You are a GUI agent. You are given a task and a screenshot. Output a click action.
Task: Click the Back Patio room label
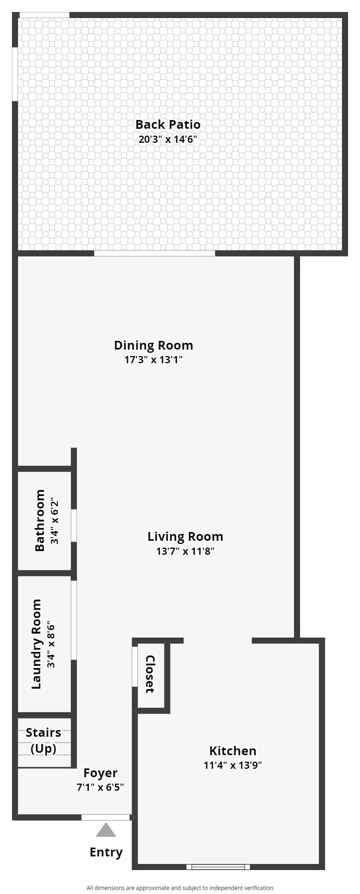pyautogui.click(x=168, y=124)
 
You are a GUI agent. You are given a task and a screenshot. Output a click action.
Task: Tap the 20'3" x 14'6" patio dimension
pyautogui.click(x=168, y=140)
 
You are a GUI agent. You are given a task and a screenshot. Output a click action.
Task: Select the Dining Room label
pyautogui.click(x=154, y=345)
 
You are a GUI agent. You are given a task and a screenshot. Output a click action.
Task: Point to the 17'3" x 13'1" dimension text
pyautogui.click(x=154, y=360)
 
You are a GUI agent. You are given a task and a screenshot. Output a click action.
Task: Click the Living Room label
pyautogui.click(x=185, y=536)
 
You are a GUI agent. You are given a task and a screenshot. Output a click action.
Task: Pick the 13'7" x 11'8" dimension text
pyautogui.click(x=185, y=551)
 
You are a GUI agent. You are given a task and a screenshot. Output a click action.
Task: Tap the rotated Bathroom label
pyautogui.click(x=40, y=520)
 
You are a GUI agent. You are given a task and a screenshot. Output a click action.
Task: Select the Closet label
pyautogui.click(x=150, y=674)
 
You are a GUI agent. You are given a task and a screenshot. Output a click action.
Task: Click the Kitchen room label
pyautogui.click(x=233, y=751)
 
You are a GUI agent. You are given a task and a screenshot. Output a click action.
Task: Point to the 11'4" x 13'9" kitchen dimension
pyautogui.click(x=233, y=765)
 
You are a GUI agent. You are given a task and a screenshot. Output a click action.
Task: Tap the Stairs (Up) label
pyautogui.click(x=44, y=740)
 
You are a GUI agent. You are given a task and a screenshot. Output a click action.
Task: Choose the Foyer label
pyautogui.click(x=100, y=773)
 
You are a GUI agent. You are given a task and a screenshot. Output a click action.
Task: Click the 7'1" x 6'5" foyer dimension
pyautogui.click(x=100, y=787)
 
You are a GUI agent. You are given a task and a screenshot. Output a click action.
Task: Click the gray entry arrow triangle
pyautogui.click(x=106, y=830)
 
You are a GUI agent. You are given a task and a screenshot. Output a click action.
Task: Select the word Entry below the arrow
pyautogui.click(x=106, y=852)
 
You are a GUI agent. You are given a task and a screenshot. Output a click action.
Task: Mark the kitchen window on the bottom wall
pyautogui.click(x=218, y=867)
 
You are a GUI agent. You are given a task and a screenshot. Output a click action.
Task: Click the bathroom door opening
pyautogui.click(x=74, y=526)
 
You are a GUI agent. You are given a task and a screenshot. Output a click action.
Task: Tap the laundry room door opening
pyautogui.click(x=74, y=620)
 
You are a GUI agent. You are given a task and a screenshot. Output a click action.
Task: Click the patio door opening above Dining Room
pyautogui.click(x=154, y=253)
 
